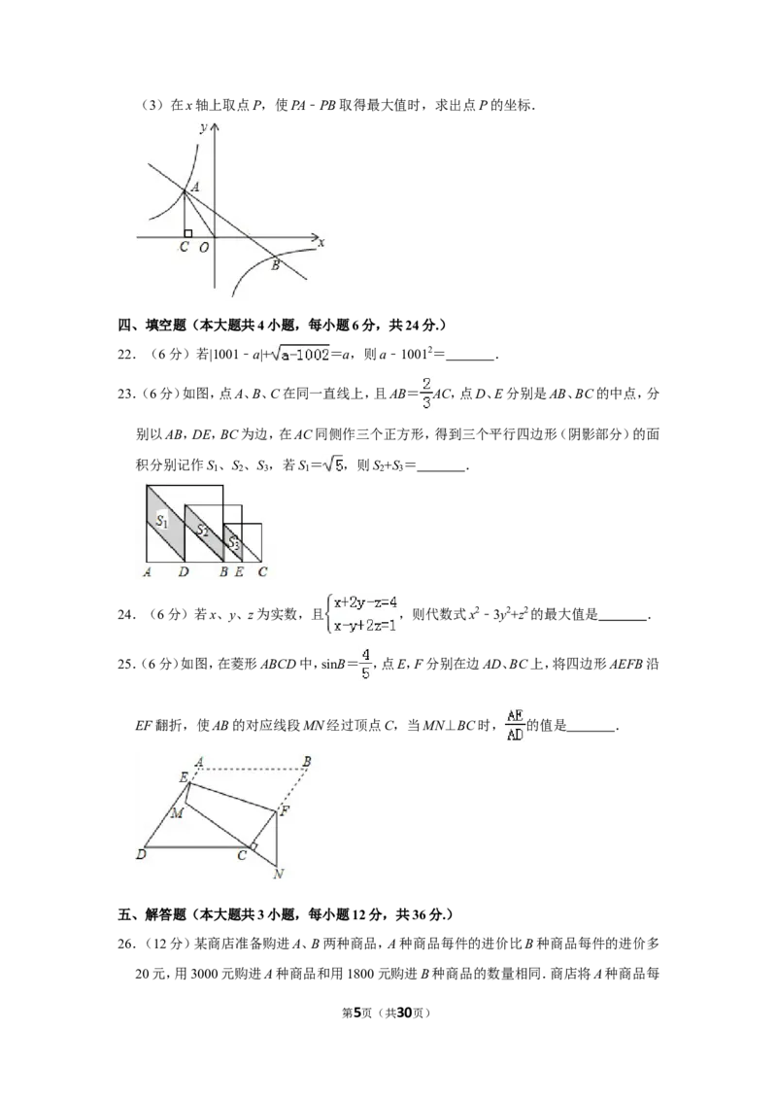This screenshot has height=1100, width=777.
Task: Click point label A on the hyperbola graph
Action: coord(195,188)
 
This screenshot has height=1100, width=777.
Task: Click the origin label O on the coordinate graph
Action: coord(203,248)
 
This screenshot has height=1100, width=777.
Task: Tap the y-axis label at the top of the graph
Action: coord(203,127)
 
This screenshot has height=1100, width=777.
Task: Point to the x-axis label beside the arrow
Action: coord(321,243)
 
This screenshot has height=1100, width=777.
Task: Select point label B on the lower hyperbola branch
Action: coord(276,265)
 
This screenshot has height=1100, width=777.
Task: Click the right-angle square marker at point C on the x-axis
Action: coord(188,233)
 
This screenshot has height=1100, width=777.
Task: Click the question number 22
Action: coord(125,355)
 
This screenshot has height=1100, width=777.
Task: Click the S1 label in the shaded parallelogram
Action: coord(162,520)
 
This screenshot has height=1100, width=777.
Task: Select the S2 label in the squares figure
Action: coord(202,532)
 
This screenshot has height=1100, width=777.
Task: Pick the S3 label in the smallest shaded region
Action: coord(234,543)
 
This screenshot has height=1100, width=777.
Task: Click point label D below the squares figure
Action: coord(184,571)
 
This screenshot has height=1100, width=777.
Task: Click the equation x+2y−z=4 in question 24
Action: coord(365,602)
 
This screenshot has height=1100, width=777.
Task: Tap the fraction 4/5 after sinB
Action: coord(365,664)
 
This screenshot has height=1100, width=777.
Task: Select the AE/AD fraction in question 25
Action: coord(515,725)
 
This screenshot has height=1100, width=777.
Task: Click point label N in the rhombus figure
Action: coord(279,875)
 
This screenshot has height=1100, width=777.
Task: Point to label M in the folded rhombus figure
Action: coord(178,812)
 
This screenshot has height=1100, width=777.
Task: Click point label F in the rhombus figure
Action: coord(285,811)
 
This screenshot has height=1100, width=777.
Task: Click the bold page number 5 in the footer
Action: coord(357,1013)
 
